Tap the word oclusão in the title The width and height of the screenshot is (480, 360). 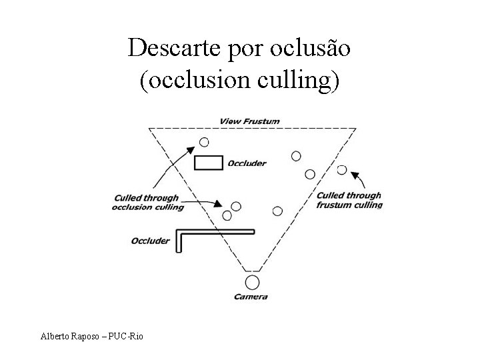(x=312, y=48)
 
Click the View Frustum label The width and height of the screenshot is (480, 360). (x=249, y=121)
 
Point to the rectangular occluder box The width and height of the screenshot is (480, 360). (x=208, y=163)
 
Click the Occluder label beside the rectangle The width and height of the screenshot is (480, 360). (x=247, y=163)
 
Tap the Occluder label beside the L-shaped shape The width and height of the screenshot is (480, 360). (x=150, y=241)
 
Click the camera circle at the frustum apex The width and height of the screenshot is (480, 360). (x=251, y=282)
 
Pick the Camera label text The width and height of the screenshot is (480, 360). (x=251, y=297)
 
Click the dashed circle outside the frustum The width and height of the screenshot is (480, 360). (x=342, y=169)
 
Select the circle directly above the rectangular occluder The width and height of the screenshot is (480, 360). (x=204, y=142)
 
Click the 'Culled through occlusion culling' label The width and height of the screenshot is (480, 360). (x=147, y=203)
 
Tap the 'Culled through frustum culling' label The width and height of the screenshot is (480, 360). (x=349, y=200)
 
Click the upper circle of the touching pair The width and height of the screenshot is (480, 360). (x=235, y=207)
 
